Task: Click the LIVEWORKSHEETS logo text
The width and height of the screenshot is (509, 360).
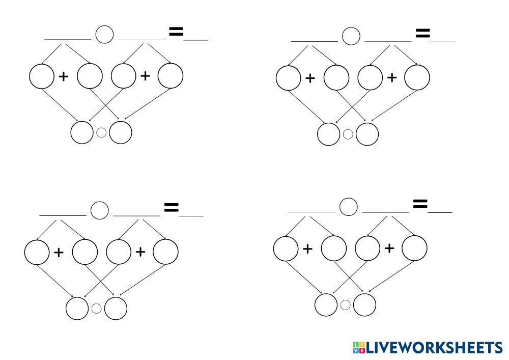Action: [x=434, y=348]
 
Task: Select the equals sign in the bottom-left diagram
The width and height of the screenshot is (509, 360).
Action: [x=171, y=207]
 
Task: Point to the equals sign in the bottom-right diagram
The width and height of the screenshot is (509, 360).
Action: [x=420, y=204]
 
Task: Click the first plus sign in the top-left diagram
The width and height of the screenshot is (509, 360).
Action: [x=64, y=77]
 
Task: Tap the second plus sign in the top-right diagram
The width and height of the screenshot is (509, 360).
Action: [x=391, y=77]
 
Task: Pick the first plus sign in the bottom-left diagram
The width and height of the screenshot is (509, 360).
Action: [x=59, y=252]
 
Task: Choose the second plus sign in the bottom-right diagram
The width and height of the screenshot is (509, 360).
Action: [x=389, y=248]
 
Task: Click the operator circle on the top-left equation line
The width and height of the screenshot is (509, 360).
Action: [x=104, y=35]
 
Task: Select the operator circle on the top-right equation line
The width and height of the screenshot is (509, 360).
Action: [x=351, y=36]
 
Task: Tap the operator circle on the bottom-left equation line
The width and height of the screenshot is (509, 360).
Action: [x=100, y=210]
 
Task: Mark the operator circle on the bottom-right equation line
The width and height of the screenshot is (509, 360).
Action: [x=348, y=207]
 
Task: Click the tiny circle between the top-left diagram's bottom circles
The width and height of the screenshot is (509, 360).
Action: [x=101, y=132]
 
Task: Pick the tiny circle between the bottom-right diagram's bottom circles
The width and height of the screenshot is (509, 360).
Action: [x=345, y=305]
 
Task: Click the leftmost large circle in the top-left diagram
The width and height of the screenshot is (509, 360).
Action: [x=41, y=77]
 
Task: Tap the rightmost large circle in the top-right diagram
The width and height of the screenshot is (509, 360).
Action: [x=417, y=77]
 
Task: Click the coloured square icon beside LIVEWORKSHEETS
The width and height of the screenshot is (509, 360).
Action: [x=358, y=348]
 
